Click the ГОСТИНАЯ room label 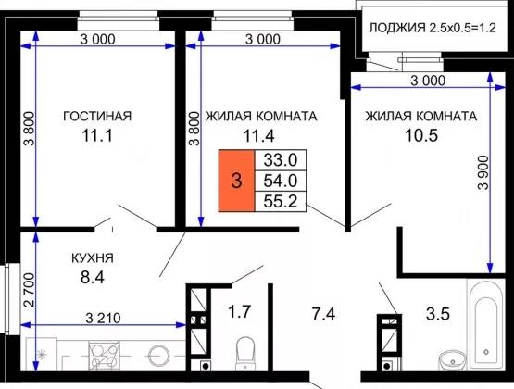(x=97, y=117)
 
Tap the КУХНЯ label (x=93, y=258)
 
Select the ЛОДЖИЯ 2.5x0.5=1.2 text (x=433, y=28)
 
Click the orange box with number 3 (x=237, y=181)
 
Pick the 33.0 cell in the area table (x=281, y=160)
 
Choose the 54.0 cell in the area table (x=281, y=181)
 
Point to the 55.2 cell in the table (x=281, y=201)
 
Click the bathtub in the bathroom (x=486, y=324)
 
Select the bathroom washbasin (x=452, y=361)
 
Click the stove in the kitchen (x=105, y=356)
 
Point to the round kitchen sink (x=159, y=356)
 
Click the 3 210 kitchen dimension (x=103, y=318)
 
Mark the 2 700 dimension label (x=30, y=290)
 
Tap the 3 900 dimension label (x=483, y=172)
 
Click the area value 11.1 (x=97, y=135)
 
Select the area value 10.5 (x=421, y=135)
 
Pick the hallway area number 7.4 (x=323, y=314)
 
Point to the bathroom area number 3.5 (x=438, y=314)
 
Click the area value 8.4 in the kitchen (x=93, y=277)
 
